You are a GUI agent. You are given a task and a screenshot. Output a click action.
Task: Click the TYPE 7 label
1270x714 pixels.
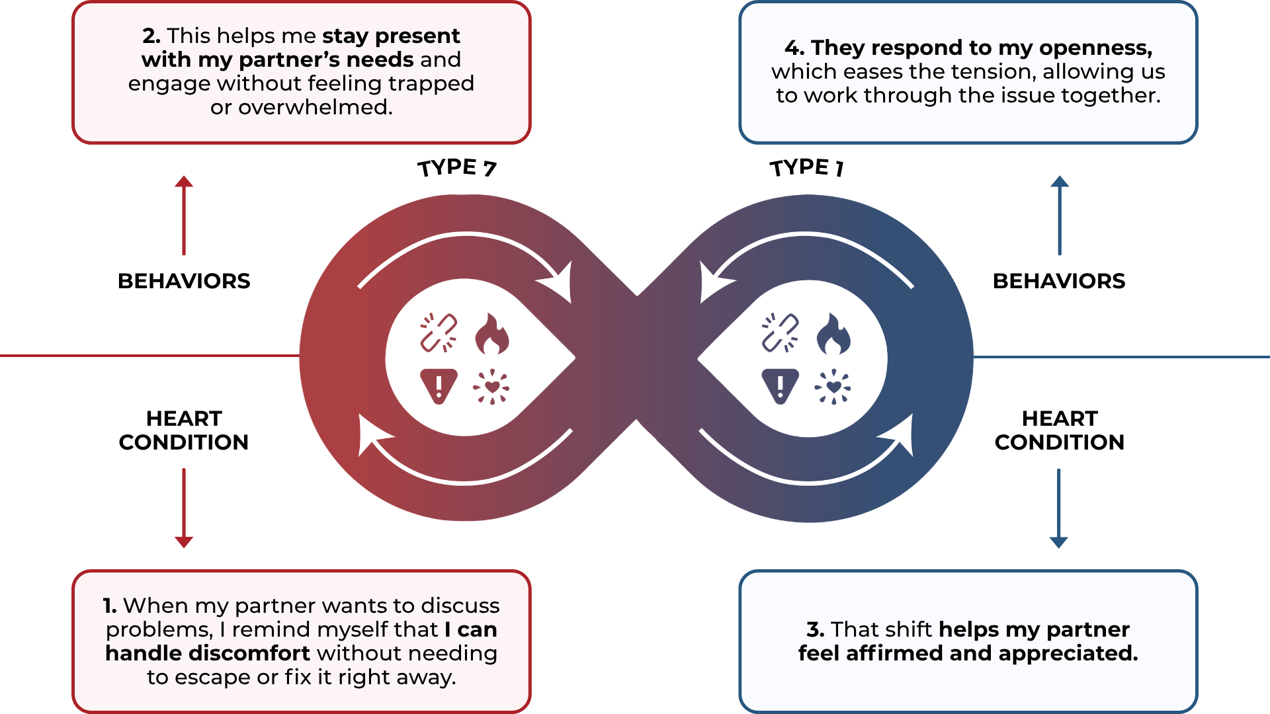pos(456,168)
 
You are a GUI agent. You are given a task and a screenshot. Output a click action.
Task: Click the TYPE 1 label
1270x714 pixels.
pos(806,168)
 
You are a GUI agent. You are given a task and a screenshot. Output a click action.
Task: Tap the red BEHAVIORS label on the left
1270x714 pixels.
pos(184,281)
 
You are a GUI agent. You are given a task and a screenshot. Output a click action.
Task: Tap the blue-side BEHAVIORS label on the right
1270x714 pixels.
pos(1059,281)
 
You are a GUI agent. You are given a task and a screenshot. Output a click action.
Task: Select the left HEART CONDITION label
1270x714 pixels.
pos(184,430)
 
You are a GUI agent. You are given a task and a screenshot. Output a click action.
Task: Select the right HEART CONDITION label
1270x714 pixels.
pos(1059,430)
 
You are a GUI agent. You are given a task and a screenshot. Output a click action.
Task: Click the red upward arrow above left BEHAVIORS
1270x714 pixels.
pos(184,215)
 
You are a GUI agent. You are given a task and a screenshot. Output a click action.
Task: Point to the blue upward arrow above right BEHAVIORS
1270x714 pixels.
pos(1060,215)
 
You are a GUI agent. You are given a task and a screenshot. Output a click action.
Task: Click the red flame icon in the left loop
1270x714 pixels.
pos(491,334)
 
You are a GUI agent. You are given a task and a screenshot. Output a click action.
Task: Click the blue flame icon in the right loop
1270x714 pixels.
pos(833,334)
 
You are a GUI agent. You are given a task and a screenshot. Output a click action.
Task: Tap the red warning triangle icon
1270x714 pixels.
pos(439,385)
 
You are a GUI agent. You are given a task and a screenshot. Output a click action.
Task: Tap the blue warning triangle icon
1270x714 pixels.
pos(781,385)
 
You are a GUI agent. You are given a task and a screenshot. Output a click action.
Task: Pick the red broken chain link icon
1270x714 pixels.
pos(439,333)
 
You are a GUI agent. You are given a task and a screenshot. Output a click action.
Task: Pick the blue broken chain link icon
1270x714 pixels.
pos(781,333)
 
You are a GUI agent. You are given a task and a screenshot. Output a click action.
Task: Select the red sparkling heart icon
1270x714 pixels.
pos(491,387)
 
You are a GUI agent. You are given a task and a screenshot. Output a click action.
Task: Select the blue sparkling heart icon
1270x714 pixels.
pos(833,387)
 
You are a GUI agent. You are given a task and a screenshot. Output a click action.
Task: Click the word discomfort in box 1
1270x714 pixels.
pos(249,653)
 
